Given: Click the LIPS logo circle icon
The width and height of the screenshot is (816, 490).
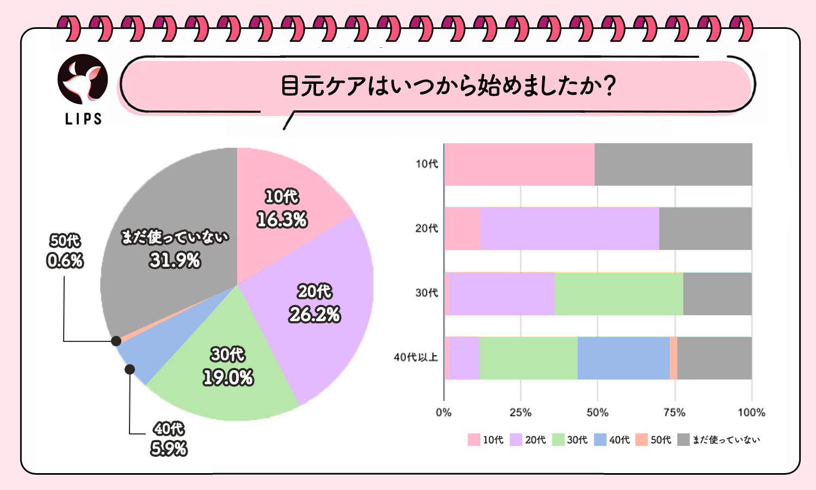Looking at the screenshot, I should tap(83, 79).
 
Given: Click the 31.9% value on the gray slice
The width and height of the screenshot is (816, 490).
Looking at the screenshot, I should tap(175, 261).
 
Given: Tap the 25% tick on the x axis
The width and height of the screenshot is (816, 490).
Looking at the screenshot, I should tap(520, 413).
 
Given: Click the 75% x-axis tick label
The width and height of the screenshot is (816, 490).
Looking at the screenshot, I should tap(674, 413).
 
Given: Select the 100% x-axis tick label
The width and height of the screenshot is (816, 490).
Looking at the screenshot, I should tap(751, 413).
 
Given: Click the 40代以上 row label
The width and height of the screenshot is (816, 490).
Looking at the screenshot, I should tap(416, 358).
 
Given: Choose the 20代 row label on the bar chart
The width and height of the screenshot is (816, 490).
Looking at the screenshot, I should tap(426, 229).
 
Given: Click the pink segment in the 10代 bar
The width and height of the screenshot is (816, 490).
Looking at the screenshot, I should tap(520, 164).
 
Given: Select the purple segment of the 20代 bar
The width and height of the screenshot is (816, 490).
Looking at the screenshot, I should tap(570, 229).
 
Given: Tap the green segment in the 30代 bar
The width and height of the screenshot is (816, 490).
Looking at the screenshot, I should tap(619, 293).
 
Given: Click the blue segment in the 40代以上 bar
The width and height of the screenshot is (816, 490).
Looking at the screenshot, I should tap(623, 358).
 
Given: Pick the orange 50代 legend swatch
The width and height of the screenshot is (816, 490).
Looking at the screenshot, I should tap(642, 440).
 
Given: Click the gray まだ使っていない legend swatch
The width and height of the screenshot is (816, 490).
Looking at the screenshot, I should tap(684, 440).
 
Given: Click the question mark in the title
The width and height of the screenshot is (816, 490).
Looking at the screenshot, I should tap(610, 86).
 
